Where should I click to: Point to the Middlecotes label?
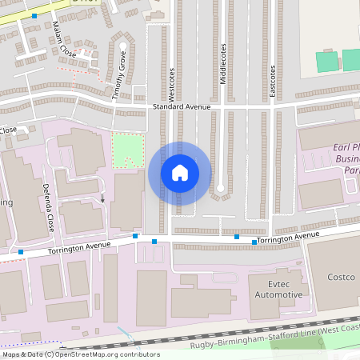[222, 63]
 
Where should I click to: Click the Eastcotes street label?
[272, 82]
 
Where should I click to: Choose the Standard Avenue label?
[182, 106]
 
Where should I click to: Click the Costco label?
[340, 277]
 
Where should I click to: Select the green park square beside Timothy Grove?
[127, 150]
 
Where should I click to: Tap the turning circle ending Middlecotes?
[221, 189]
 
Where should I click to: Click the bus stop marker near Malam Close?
[34, 16]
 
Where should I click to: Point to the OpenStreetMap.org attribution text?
[104, 354]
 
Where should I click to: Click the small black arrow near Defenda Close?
[102, 198]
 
